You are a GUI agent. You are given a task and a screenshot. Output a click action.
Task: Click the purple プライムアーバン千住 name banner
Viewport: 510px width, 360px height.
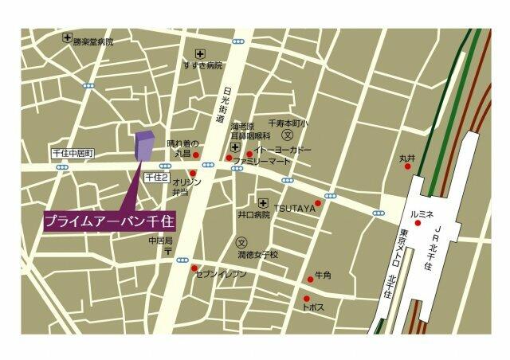109,219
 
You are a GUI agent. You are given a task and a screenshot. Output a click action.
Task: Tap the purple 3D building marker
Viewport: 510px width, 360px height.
143,145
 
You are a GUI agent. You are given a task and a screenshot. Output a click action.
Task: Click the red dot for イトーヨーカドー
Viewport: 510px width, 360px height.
249,154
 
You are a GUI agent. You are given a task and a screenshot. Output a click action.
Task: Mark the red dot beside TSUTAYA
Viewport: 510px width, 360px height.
318,204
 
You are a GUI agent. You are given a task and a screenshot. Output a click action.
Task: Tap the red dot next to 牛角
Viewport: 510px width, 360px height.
311,279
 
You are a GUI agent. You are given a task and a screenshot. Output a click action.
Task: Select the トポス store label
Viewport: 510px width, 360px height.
313,306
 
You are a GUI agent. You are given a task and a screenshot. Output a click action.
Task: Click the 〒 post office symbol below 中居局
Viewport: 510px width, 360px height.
169,251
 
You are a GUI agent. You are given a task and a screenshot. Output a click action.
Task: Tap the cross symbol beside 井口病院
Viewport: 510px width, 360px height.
262,202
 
